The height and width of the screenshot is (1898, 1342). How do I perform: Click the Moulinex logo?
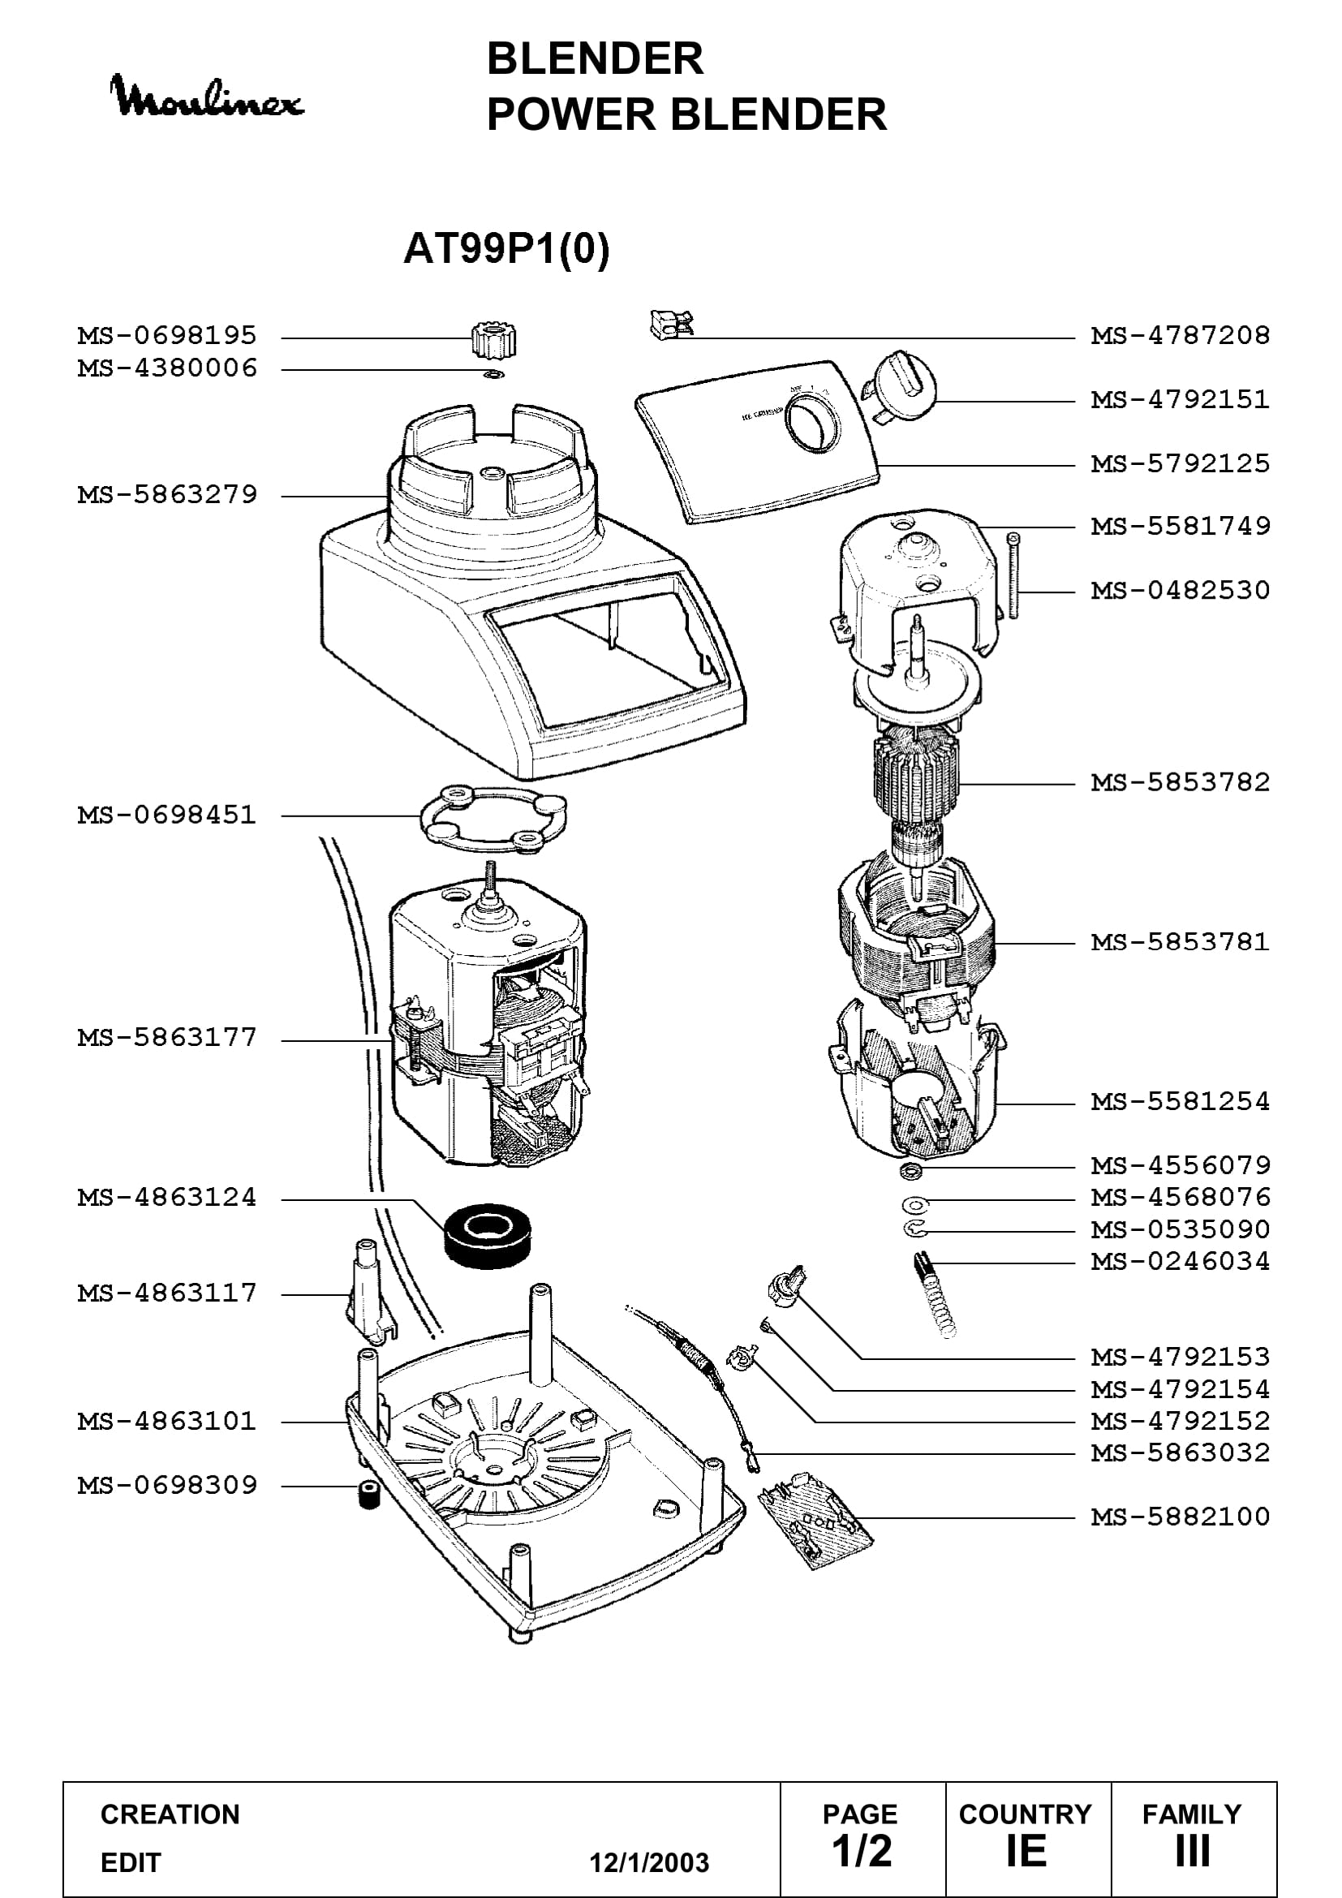207,97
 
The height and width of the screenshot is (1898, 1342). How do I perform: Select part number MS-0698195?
167,336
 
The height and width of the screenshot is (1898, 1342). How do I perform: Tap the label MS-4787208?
1180,336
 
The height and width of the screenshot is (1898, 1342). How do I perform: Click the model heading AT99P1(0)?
505,248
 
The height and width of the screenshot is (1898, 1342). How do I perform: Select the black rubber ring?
488,1235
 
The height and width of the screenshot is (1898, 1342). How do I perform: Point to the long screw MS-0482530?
1014,575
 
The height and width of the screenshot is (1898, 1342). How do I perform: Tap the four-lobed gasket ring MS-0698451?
494,818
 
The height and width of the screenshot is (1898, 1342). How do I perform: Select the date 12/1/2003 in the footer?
649,1862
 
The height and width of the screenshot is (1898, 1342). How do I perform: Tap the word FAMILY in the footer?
1192,1814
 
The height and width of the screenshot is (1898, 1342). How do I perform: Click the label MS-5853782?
1180,782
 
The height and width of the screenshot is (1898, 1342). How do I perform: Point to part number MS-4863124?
167,1198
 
